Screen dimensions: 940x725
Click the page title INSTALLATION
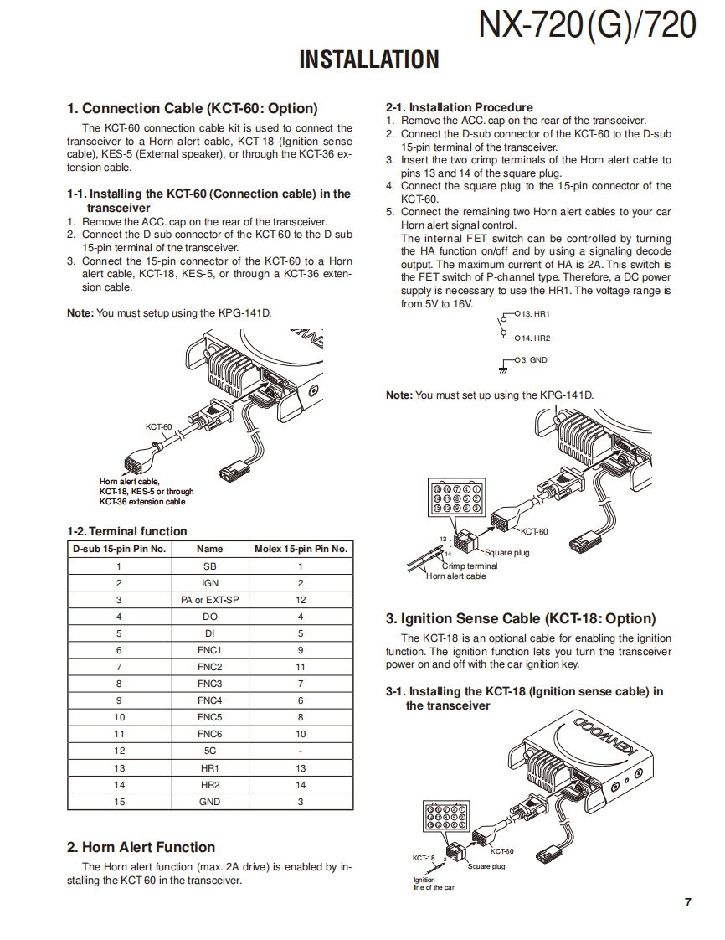pyautogui.click(x=368, y=59)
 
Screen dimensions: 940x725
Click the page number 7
pyautogui.click(x=687, y=902)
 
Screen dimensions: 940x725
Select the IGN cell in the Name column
pyautogui.click(x=209, y=583)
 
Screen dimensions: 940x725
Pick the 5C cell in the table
pyautogui.click(x=209, y=751)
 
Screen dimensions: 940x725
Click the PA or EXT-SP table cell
pyautogui.click(x=209, y=600)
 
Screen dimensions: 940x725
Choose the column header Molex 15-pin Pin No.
pyautogui.click(x=301, y=549)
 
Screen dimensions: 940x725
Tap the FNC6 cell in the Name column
pyautogui.click(x=209, y=734)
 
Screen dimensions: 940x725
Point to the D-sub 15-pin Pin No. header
pyautogui.click(x=119, y=549)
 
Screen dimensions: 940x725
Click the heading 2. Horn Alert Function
pyautogui.click(x=141, y=847)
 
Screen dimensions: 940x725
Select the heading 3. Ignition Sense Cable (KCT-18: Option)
pyautogui.click(x=520, y=619)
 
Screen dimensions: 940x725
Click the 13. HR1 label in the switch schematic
pyautogui.click(x=535, y=313)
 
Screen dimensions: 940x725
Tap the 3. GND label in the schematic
pyautogui.click(x=534, y=359)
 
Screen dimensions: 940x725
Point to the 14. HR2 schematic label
pyautogui.click(x=535, y=338)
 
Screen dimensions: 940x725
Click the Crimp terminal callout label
pyautogui.click(x=470, y=566)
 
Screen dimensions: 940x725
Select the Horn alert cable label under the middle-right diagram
pyautogui.click(x=455, y=576)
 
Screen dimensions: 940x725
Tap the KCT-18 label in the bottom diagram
pyautogui.click(x=424, y=858)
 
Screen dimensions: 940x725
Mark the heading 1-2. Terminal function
pyautogui.click(x=127, y=531)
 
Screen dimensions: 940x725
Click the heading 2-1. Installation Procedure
pyautogui.click(x=459, y=107)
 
